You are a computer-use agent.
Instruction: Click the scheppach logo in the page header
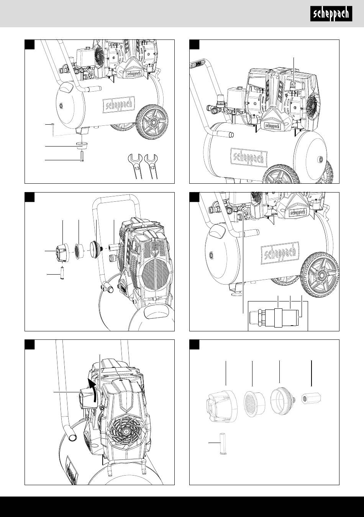point(331,14)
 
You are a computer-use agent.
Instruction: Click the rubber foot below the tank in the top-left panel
point(82,146)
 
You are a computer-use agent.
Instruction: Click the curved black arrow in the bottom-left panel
point(92,391)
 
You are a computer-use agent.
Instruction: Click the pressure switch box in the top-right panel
point(237,97)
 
